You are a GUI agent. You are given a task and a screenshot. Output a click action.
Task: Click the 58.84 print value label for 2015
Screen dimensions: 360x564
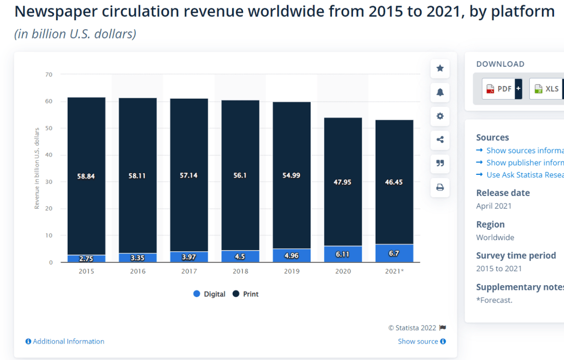pos(86,176)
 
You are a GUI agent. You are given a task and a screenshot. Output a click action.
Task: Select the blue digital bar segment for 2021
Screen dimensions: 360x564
pos(394,253)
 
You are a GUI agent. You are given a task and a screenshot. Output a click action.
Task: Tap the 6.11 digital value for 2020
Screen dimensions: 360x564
pos(343,254)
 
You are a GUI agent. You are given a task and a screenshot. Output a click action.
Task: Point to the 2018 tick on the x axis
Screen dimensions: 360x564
pos(240,271)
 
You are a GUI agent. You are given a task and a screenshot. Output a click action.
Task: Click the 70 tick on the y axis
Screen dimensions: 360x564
pos(49,75)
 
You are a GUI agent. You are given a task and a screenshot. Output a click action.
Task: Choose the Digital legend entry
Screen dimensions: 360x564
pos(209,294)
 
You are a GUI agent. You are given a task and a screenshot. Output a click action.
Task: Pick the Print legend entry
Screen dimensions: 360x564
pos(246,294)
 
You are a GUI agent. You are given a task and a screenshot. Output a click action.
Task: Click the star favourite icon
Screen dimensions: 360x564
pos(440,68)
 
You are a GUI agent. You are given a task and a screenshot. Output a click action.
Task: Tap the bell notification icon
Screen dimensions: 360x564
pos(440,92)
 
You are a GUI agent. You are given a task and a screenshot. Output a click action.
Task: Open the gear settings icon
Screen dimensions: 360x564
pos(440,116)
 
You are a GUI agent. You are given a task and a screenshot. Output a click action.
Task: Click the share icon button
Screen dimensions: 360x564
pos(440,139)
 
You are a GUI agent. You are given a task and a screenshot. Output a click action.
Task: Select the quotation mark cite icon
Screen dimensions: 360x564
pos(440,163)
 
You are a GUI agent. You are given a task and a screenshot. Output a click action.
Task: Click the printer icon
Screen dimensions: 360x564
pos(440,187)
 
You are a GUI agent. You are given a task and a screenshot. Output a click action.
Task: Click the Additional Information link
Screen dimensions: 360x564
pos(65,341)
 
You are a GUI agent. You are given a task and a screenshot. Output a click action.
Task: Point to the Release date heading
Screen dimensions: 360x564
pos(503,193)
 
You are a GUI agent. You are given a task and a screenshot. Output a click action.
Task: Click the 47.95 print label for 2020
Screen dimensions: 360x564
pos(343,182)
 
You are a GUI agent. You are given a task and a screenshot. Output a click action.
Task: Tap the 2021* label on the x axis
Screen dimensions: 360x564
pos(394,271)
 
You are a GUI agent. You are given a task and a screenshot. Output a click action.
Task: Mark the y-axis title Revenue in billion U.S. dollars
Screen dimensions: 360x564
pos(37,168)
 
